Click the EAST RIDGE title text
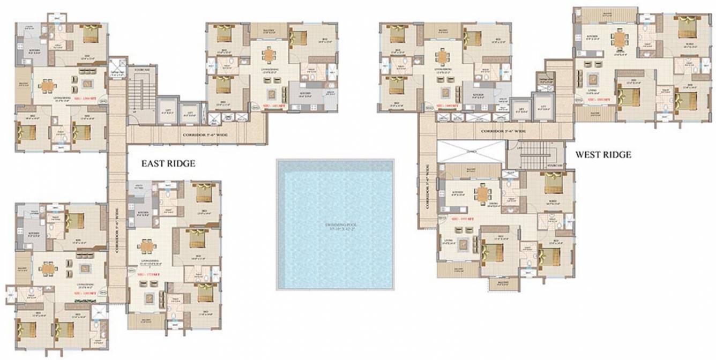[168, 164]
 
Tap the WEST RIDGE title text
[603, 155]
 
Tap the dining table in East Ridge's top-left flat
[48, 86]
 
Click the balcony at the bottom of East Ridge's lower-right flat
[146, 321]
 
